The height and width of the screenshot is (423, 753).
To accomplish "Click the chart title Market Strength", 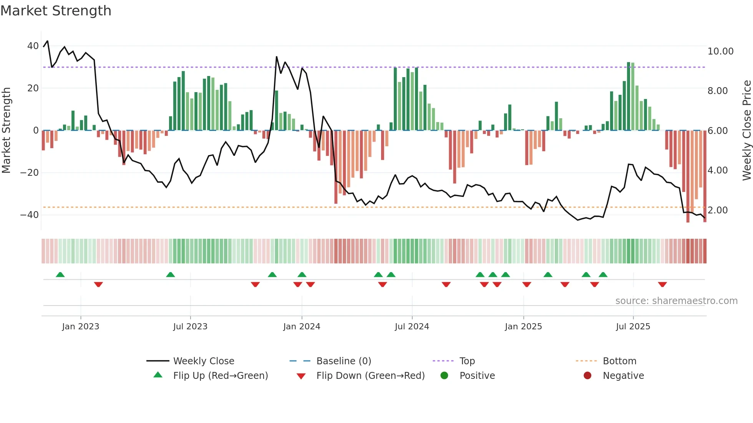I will click(56, 11).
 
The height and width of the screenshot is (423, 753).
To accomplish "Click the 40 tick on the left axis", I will click(33, 46).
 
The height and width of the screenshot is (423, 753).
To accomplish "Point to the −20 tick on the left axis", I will click(30, 173).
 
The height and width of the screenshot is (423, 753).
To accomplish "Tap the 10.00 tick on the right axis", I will click(720, 51).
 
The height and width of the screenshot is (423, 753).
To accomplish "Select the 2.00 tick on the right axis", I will click(717, 210).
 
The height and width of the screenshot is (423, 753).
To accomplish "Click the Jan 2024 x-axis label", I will click(302, 327).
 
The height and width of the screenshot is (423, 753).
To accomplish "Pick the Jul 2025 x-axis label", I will click(633, 327).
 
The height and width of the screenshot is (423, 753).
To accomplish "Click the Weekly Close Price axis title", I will click(746, 130).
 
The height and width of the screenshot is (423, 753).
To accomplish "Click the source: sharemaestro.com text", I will click(676, 301).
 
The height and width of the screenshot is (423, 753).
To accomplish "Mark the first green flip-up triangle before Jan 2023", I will click(60, 275).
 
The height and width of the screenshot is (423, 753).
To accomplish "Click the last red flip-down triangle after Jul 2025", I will click(662, 284).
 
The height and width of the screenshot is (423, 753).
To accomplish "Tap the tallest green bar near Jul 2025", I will click(629, 96).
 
